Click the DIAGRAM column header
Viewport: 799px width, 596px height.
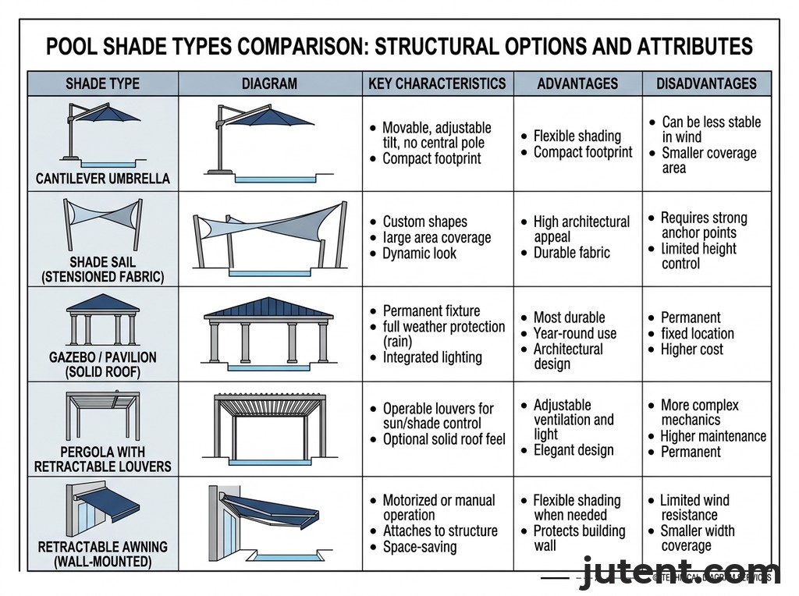pyautogui.click(x=269, y=83)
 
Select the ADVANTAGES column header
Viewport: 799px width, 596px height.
pyautogui.click(x=577, y=83)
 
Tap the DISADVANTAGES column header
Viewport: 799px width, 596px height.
pyautogui.click(x=706, y=83)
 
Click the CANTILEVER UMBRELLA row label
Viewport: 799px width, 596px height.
pyautogui.click(x=102, y=179)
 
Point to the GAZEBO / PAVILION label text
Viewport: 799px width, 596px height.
pyautogui.click(x=102, y=357)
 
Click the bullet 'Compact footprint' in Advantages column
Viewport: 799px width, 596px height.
pyautogui.click(x=582, y=152)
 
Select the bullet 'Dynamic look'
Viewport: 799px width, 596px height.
pyautogui.click(x=419, y=254)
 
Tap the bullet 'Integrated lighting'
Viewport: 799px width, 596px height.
pyautogui.click(x=432, y=357)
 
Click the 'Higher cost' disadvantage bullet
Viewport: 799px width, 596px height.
pyautogui.click(x=691, y=349)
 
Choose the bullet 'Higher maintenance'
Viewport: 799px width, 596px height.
pyautogui.click(x=712, y=436)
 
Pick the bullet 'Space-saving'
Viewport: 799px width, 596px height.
pyautogui.click(x=420, y=547)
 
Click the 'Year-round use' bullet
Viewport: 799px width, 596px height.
pyautogui.click(x=574, y=333)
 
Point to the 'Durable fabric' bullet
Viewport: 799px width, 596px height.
pyautogui.click(x=571, y=253)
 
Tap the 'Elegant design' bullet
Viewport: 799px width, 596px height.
pyautogui.click(x=574, y=450)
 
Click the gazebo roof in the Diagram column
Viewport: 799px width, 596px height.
pyautogui.click(x=268, y=307)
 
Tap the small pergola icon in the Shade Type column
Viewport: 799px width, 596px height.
pyautogui.click(x=101, y=417)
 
